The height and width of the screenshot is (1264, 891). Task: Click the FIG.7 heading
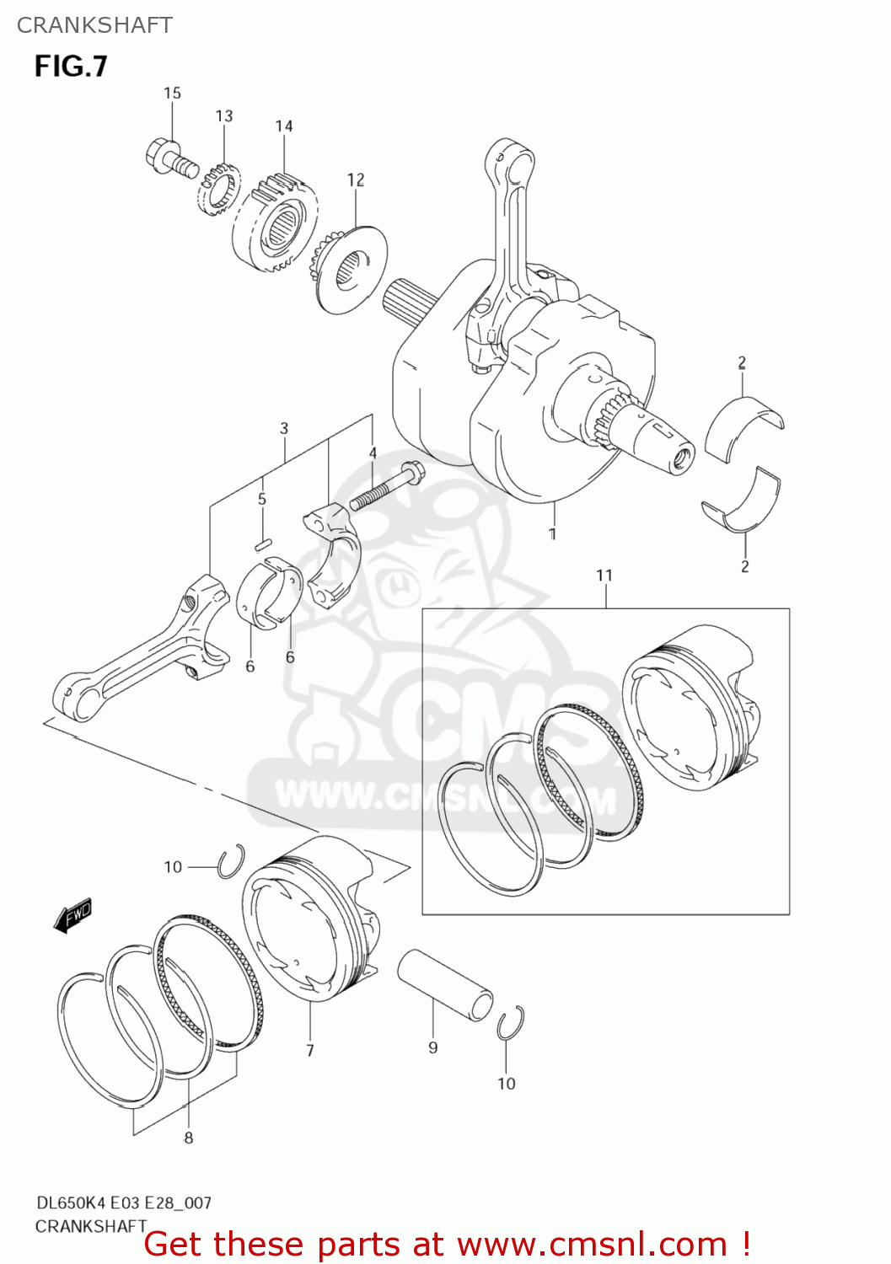(71, 66)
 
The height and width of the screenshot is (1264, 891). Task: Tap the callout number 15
(172, 93)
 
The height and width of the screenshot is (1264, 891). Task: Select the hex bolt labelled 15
(169, 158)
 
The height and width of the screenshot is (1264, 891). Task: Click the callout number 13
(223, 115)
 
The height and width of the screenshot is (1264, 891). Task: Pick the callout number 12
(356, 179)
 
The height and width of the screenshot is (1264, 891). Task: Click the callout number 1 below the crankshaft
(552, 533)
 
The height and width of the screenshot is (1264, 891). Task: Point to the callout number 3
(284, 428)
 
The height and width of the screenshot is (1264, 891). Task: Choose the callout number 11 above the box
(604, 575)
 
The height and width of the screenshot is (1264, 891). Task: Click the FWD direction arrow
(72, 916)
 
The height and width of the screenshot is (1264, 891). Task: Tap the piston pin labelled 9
(445, 984)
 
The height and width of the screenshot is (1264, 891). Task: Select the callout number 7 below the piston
(310, 1050)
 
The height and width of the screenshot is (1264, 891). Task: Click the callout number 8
(189, 1138)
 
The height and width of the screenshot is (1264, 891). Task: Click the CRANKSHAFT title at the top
(94, 25)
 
